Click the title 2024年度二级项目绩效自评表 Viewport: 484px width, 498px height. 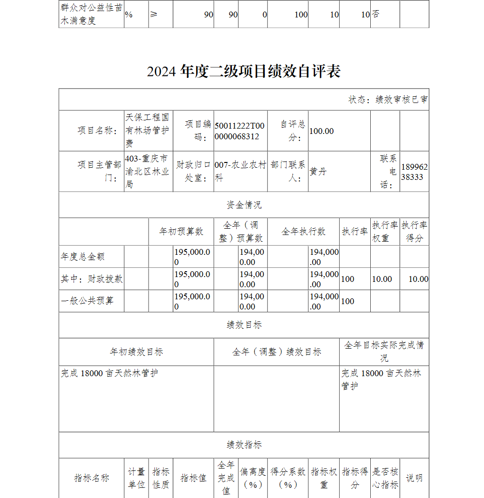[243, 72]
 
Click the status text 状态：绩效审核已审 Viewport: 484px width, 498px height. [388, 100]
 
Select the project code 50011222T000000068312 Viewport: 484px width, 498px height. [240, 131]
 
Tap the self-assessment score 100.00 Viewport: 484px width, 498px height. [321, 131]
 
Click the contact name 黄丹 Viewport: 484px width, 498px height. [318, 172]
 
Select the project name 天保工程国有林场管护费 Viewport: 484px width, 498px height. [148, 131]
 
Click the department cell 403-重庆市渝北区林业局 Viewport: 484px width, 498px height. [148, 172]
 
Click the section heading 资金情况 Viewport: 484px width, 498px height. [243, 205]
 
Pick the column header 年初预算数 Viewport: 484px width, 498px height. [181, 232]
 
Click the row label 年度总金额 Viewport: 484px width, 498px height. [83, 257]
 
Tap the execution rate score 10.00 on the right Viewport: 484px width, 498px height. [418, 279]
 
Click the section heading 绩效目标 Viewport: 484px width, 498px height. [243, 325]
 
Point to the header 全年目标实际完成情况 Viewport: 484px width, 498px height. [384, 352]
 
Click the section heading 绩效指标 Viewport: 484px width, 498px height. [243, 445]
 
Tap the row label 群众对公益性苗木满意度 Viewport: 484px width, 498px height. [91, 15]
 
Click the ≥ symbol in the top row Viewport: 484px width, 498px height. [153, 15]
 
